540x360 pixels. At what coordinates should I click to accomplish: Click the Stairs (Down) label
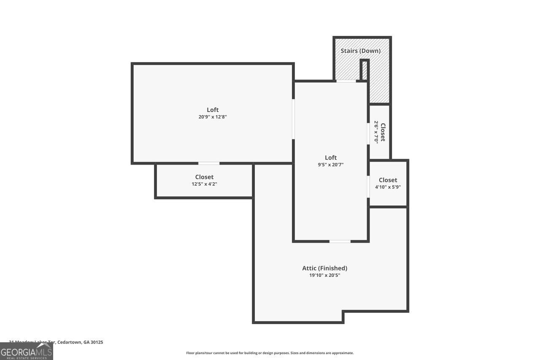[x=360, y=51]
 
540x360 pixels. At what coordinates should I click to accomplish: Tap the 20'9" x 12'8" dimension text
[x=213, y=117]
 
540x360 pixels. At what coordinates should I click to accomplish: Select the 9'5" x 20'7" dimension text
[x=331, y=165]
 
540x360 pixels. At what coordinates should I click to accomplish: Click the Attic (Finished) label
[x=324, y=268]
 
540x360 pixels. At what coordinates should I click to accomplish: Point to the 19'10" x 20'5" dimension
[x=324, y=275]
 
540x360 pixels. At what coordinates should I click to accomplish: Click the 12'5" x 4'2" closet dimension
[x=204, y=184]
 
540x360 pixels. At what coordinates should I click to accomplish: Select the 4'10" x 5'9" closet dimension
[x=388, y=187]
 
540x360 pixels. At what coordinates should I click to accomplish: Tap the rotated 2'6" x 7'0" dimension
[x=376, y=132]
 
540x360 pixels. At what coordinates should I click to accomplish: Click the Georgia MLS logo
[x=26, y=352]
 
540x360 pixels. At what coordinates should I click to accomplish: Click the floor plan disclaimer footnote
[x=270, y=353]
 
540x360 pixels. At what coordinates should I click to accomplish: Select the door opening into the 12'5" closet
[x=209, y=163]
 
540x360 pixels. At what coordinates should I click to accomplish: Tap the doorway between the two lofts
[x=293, y=119]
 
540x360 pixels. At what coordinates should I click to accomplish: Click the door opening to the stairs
[x=346, y=81]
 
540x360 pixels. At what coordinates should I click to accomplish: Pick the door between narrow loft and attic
[x=340, y=241]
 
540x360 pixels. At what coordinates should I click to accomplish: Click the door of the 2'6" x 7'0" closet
[x=368, y=133]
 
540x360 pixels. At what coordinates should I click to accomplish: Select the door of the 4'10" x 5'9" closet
[x=368, y=187]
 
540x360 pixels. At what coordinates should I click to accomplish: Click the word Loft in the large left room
[x=213, y=110]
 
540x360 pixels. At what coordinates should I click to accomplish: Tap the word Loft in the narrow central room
[x=331, y=157]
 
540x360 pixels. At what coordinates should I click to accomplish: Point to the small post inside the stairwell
[x=364, y=70]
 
